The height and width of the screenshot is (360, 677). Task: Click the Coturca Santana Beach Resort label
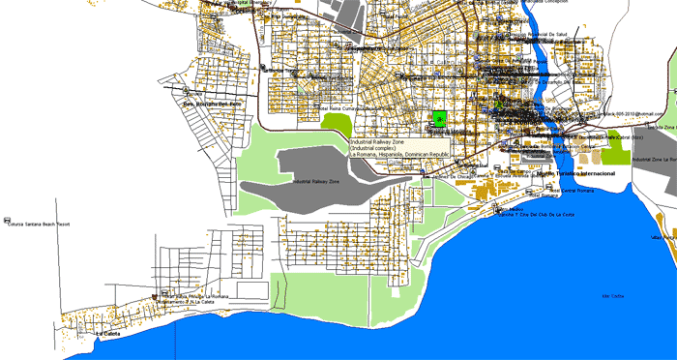tap(41, 224)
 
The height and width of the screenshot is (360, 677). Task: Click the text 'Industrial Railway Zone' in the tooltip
tap(377, 141)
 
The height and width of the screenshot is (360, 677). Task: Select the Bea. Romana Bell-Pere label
tap(212, 105)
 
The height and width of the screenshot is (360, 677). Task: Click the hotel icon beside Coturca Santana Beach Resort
tap(9, 218)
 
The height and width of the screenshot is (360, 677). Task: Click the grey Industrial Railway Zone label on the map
tap(315, 181)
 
